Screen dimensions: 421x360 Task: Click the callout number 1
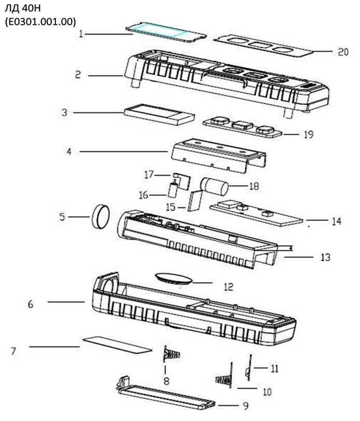tap(81, 34)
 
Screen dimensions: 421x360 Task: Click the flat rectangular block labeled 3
tap(159, 114)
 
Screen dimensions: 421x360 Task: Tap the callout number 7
tap(13, 351)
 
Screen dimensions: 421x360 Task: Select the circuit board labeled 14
tap(256, 213)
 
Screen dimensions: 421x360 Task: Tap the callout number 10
tap(266, 392)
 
